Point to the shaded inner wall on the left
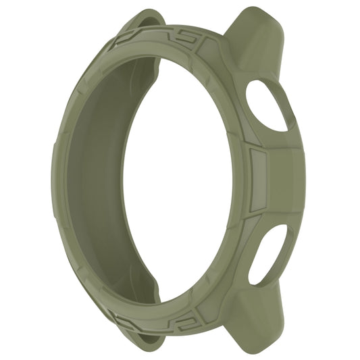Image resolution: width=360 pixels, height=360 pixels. [101, 179]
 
